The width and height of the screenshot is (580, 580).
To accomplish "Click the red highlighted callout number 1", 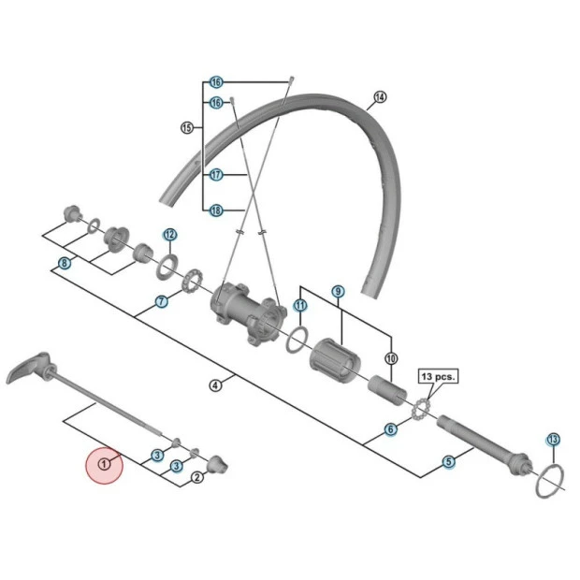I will pos(104,465).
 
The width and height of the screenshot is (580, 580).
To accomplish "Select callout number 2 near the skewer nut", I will pos(196,477).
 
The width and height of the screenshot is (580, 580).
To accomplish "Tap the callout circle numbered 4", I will pos(215,385).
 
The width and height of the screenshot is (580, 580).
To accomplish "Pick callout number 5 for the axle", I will pos(449,461).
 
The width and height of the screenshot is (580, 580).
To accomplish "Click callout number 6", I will pos(390,429).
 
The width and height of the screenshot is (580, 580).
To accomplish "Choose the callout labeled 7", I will pos(161,301).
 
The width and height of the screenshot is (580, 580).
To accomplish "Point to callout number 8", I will pos(64,263).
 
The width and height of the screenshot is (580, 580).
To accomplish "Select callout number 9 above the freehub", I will pos(338,292).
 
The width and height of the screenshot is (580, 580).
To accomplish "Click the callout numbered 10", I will pos(391,357).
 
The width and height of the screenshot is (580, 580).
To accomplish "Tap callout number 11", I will pos(300,305).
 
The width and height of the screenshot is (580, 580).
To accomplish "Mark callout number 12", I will pos(169,234).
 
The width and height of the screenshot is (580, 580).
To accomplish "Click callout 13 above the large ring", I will pos(553,439).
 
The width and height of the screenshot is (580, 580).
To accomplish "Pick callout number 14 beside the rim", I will pos(379,97).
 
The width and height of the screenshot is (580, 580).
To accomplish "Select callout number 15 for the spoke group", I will pos(185,127).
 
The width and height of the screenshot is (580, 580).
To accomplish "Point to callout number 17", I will pos(216,175).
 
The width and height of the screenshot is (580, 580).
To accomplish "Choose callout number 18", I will pos(216,210).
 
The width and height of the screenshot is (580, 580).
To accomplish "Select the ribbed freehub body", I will pos(336,360).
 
